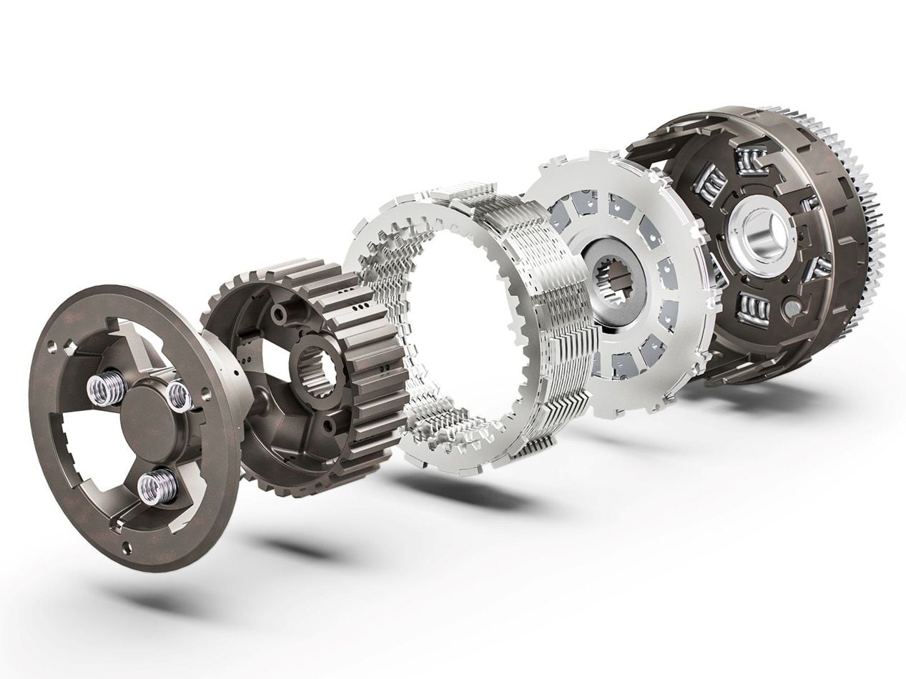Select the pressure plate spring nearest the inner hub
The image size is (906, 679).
(x=179, y=395)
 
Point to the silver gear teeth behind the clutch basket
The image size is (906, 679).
(x=869, y=214)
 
